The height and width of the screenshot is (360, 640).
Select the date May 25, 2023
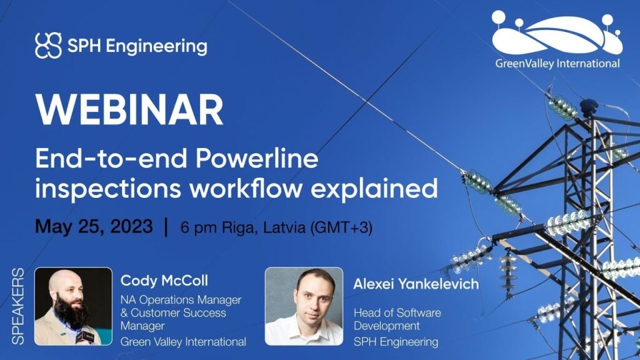[x=94, y=226]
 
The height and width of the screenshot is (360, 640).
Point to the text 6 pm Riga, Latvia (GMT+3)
[x=276, y=227]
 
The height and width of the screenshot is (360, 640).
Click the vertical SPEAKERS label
[x=18, y=306]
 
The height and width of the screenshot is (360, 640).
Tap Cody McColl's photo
[x=73, y=306]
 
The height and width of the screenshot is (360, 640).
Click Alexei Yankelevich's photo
[x=304, y=306]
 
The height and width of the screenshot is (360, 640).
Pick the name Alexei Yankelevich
[x=416, y=284]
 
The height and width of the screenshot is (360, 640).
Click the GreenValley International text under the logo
[x=557, y=63]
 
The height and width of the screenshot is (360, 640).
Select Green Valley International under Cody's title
[x=182, y=341]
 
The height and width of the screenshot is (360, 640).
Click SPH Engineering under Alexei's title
[x=396, y=342]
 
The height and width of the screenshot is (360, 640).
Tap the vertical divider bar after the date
[x=166, y=227]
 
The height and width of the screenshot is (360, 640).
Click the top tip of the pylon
[x=588, y=103]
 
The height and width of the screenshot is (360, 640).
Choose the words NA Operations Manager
[x=181, y=300]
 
